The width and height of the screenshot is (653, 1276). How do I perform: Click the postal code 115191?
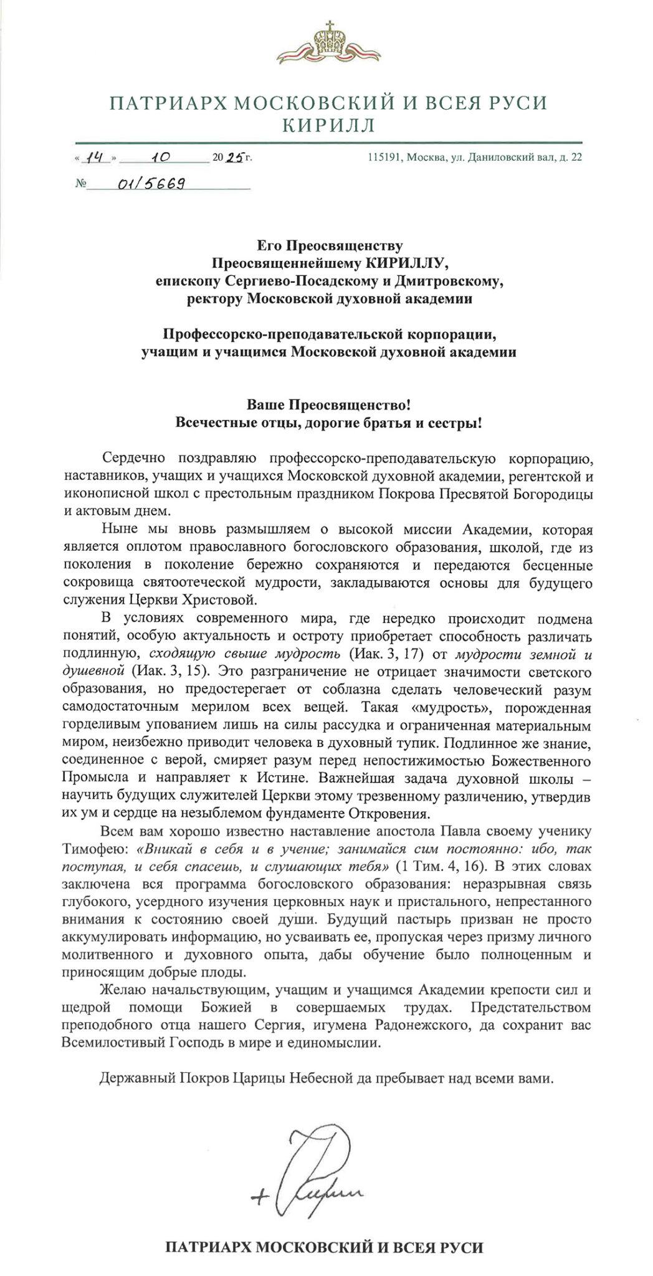click(x=385, y=158)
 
